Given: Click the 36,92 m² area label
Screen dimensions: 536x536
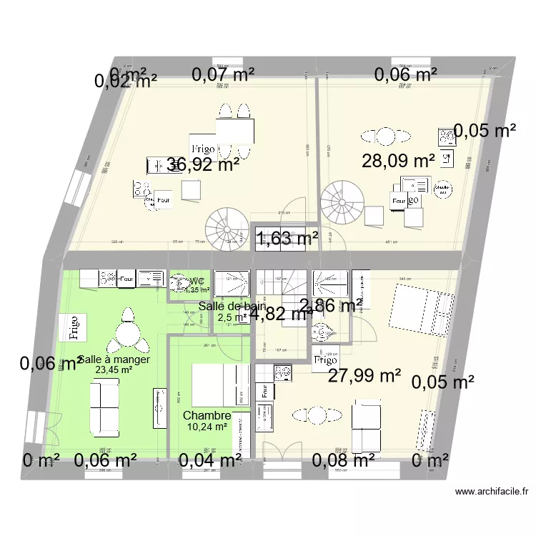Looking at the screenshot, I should coord(203,166).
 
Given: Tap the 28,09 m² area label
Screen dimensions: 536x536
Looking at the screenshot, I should coord(398,161).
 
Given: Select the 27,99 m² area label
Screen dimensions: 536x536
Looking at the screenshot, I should coord(364,375).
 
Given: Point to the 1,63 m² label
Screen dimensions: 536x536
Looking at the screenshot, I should coord(288,239).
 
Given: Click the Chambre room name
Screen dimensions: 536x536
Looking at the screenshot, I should coord(207,415).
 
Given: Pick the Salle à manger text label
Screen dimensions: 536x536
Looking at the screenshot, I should coord(114,359).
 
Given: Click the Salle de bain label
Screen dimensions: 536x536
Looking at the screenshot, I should coord(232,307).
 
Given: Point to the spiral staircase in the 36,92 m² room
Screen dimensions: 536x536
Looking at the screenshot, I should coord(225,229).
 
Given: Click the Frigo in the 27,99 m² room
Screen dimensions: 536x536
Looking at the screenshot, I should coord(325,360).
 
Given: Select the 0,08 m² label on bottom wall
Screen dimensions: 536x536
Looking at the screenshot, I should coord(343,461).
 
